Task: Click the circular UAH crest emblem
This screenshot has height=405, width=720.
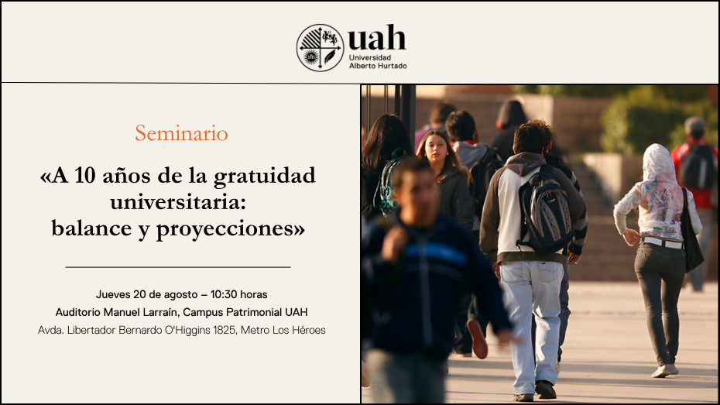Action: point(320,48)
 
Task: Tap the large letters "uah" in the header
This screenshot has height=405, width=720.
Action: point(377,37)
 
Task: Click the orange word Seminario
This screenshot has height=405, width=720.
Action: point(181,133)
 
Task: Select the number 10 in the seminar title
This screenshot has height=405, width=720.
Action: point(85,175)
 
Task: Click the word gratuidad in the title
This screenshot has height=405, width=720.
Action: point(265,177)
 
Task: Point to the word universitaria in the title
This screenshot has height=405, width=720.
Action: point(178,202)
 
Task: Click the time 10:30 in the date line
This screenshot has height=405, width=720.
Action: point(224,294)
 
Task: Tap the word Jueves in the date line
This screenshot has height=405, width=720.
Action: point(113,294)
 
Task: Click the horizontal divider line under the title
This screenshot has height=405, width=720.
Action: point(178,267)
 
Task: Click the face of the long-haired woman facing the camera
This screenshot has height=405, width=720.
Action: point(436,149)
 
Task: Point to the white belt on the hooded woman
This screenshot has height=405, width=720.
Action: point(662,242)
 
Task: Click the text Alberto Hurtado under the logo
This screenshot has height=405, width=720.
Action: point(378,66)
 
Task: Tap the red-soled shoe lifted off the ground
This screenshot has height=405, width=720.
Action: point(478,339)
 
